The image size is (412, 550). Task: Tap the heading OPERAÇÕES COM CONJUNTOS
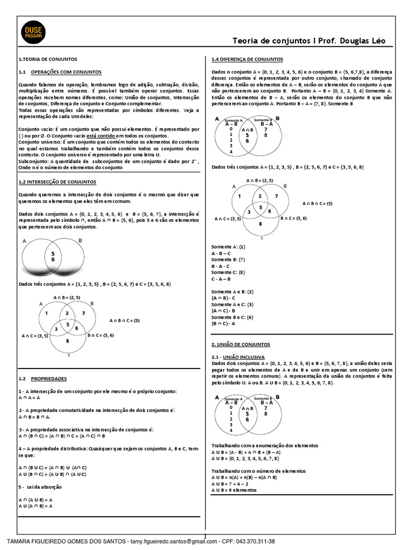(66, 71)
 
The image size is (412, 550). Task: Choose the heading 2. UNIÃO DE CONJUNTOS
(241, 344)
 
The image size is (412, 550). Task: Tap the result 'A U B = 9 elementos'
(234, 490)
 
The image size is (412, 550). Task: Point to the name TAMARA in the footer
(19, 541)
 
